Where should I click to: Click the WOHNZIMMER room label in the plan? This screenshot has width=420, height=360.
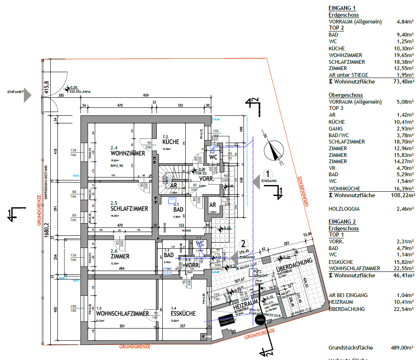[128, 153]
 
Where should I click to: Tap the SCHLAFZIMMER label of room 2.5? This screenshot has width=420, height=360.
[129, 209]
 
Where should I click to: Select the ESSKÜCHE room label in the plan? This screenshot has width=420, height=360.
[183, 313]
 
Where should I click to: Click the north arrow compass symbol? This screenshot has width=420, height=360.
[274, 151]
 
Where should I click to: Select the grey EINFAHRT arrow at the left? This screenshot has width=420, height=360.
[27, 95]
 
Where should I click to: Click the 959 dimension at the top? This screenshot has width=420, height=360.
[146, 96]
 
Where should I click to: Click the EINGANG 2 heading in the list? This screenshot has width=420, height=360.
[342, 222]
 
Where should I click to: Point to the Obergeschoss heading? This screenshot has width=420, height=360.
[345, 95]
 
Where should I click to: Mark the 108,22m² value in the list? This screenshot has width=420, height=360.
[401, 195]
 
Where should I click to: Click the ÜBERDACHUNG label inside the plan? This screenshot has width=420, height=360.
[294, 267]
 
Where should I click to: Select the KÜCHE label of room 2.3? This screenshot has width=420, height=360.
[171, 142]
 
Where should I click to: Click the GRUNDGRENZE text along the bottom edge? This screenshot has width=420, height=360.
[135, 347]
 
